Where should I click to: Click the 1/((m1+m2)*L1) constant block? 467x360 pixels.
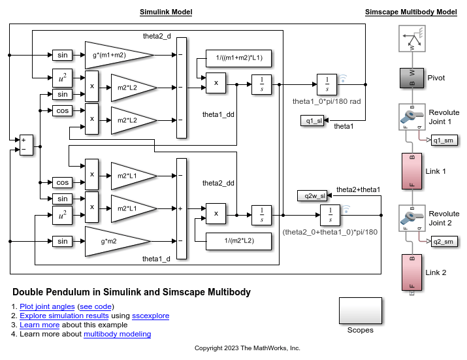coord(238,58)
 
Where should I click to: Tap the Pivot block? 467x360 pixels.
coord(411,78)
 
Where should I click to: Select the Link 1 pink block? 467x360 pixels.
coord(411,171)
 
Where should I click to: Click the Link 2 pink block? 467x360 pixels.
coord(411,272)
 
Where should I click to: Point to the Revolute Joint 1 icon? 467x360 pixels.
coord(411,117)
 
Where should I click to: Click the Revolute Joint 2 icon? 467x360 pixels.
coord(411,219)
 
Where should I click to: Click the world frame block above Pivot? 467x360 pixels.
coord(411,39)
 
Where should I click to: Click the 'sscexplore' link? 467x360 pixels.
coord(150,316)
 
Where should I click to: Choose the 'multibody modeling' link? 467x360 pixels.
coord(117,334)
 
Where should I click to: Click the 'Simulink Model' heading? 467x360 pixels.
coord(166,12)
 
